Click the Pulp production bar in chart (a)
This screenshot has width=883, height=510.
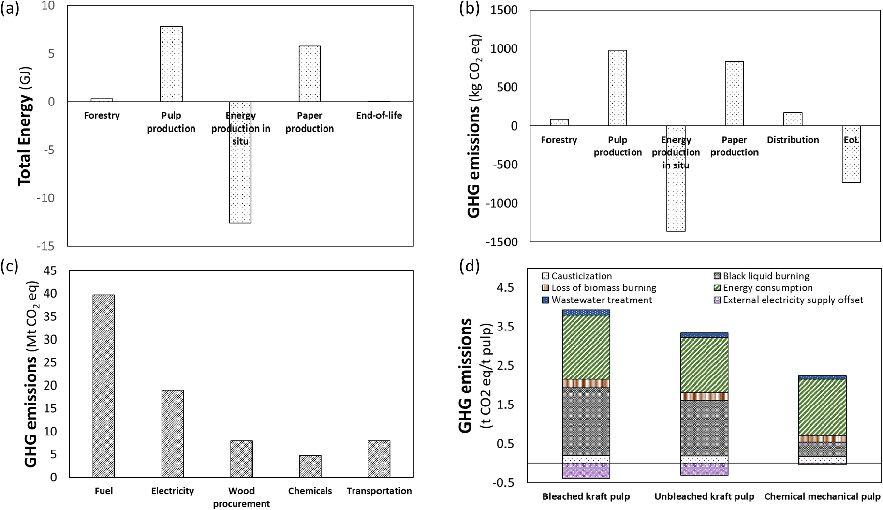tap(171, 64)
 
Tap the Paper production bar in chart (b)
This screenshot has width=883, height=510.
tap(734, 94)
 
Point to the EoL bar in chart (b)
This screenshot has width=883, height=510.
tap(851, 154)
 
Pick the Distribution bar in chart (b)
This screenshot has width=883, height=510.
tap(792, 119)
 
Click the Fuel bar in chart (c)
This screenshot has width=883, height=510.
tap(103, 386)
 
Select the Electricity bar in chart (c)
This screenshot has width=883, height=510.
tap(173, 433)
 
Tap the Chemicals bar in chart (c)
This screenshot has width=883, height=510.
tap(310, 466)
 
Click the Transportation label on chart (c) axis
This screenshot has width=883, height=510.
tap(379, 491)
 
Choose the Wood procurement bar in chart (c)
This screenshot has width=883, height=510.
tap(241, 458)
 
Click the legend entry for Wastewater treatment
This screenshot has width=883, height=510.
tap(597, 300)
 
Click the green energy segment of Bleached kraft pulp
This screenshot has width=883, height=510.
tap(585, 347)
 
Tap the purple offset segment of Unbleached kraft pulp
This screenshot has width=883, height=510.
tap(704, 469)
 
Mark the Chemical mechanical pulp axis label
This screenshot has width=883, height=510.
tap(822, 496)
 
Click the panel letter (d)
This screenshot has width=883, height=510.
tap(469, 265)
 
